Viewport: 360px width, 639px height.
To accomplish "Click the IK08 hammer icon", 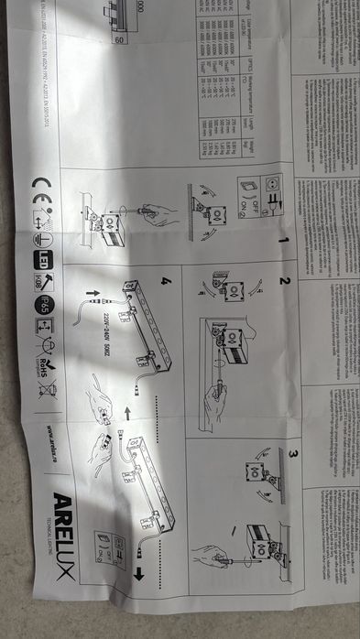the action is coord(43,280).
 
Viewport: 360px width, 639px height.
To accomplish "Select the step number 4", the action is coord(165,281).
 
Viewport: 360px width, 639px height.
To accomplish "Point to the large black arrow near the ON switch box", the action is coord(139,573).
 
